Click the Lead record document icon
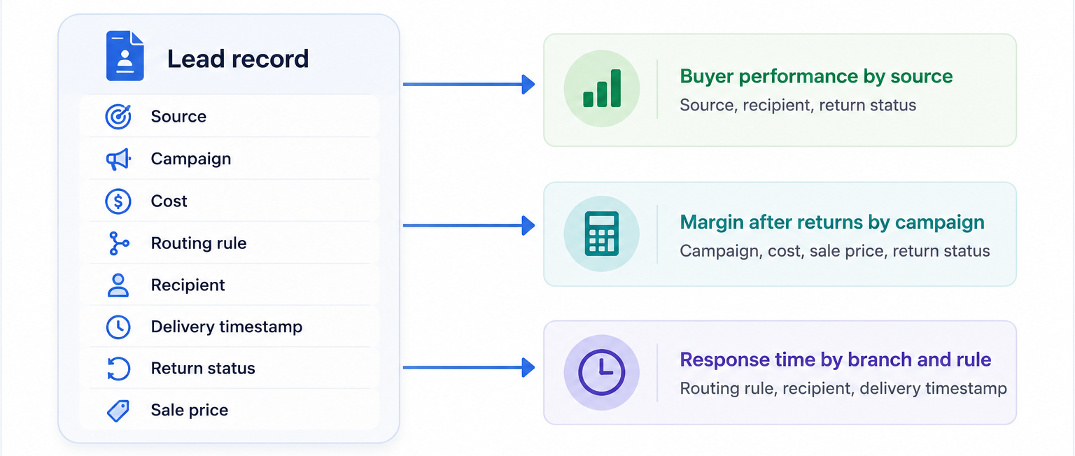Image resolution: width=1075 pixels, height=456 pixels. [125, 56]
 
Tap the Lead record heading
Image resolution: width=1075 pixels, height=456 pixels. [237, 59]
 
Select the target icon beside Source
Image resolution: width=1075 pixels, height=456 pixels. [118, 117]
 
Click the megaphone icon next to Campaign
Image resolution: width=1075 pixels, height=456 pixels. [118, 159]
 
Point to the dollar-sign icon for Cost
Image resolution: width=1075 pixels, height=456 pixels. [118, 201]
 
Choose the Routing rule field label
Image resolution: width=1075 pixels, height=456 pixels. [199, 243]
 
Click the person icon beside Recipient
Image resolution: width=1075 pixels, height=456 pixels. [118, 285]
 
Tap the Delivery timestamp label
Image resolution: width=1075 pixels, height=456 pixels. [227, 327]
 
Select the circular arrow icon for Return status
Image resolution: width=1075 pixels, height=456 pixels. [118, 369]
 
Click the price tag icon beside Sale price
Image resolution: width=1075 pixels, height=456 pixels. [118, 411]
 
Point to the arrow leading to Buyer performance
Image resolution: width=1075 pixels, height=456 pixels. [469, 85]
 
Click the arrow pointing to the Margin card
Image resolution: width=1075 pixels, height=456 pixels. [469, 225]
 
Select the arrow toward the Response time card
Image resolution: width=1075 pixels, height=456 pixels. [469, 368]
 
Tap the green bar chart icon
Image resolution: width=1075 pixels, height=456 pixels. [602, 89]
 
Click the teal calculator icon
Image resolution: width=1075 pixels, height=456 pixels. [602, 234]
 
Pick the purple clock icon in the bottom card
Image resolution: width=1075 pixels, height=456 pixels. [602, 373]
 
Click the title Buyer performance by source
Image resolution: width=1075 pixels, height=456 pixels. [816, 77]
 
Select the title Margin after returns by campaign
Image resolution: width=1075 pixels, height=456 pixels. [832, 222]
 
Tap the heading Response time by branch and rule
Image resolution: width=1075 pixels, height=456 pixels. [836, 359]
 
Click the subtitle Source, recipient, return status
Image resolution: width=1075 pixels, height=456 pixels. [798, 105]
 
